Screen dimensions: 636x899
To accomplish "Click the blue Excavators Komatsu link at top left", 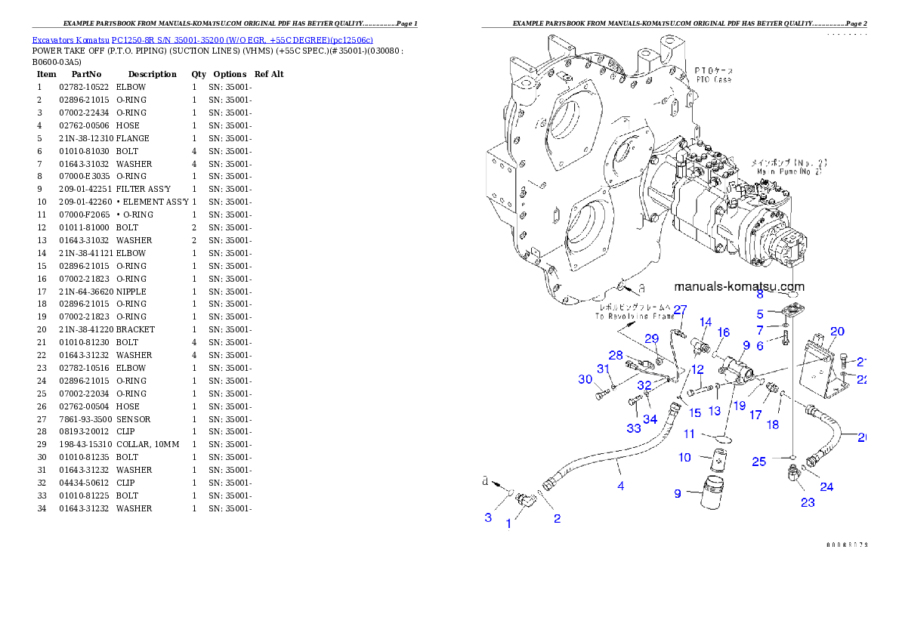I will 202,39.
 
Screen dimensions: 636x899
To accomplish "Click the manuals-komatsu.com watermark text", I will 739,286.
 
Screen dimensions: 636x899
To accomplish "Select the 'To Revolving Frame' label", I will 633,312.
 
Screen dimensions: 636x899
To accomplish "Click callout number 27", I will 680,309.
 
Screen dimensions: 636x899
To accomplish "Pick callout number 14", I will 706,323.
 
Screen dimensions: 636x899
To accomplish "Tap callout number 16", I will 724,332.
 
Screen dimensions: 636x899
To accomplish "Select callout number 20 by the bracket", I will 837,331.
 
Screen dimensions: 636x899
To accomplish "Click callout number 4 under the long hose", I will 621,486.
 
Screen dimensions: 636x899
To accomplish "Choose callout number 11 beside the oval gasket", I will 689,434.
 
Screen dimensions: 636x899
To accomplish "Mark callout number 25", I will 759,461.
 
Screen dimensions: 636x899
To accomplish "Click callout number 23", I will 808,502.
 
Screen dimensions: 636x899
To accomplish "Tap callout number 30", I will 585,379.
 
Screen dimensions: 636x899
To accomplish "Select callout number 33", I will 633,428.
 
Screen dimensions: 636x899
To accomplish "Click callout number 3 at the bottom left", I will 488,517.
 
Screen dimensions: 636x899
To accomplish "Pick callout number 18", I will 772,425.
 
